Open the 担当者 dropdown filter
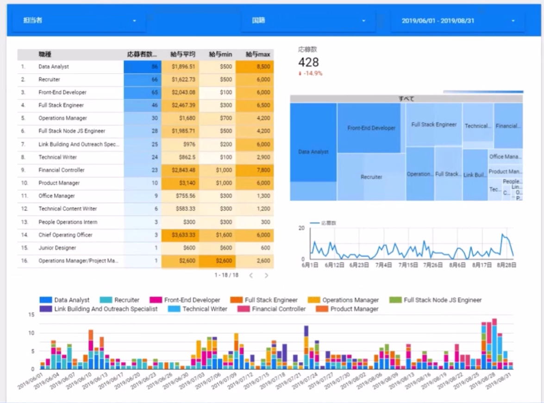coord(79,21)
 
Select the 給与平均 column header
coord(182,55)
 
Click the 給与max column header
coord(258,55)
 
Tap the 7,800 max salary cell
coord(263,170)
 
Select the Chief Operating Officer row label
coord(65,235)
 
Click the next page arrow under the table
coord(266,275)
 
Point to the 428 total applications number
coord(308,62)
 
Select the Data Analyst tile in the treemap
coord(313,151)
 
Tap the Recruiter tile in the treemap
coord(371,177)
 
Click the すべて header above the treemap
coord(406,99)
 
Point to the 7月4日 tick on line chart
coord(383,265)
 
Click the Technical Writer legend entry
coord(205,309)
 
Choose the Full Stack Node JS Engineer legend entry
coord(442,300)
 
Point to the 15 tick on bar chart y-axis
coord(31,315)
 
